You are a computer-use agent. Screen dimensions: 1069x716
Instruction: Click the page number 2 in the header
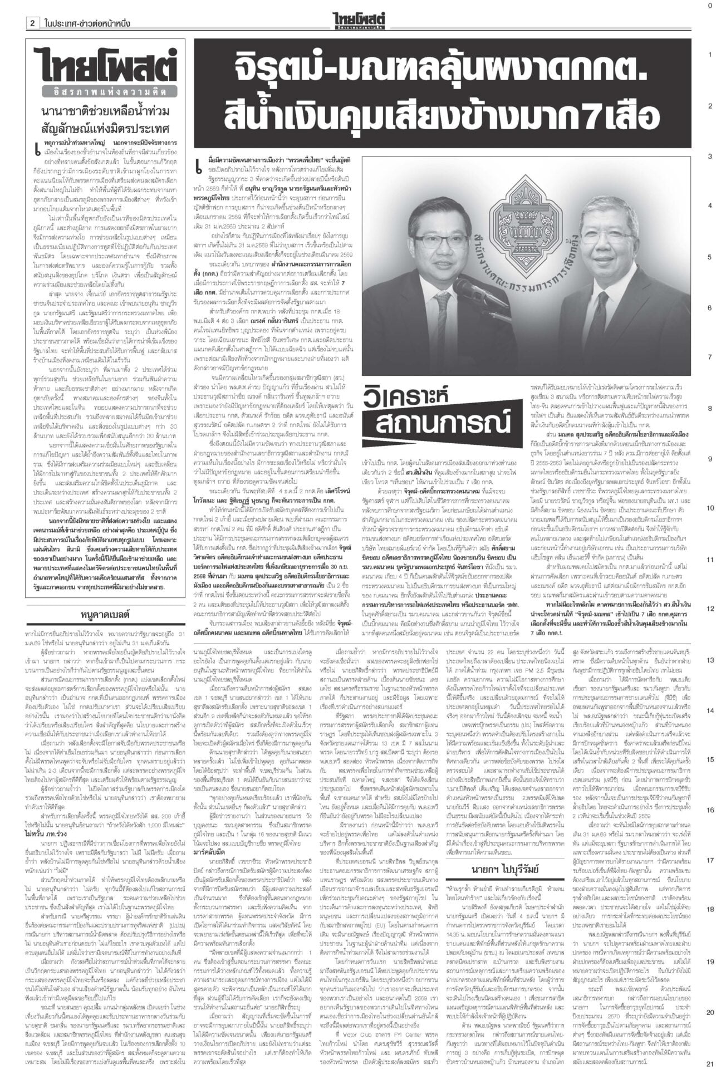[33, 23]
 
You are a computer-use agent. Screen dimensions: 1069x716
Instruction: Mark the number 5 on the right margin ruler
[709, 257]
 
